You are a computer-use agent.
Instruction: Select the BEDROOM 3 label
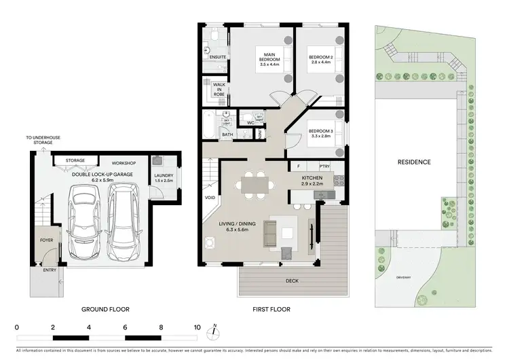click(x=320, y=133)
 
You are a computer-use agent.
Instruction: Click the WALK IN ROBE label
click(x=219, y=89)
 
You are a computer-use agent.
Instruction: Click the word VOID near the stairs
click(x=210, y=199)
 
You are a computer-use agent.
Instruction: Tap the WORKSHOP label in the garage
click(x=125, y=163)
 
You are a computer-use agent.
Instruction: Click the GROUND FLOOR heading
click(x=107, y=309)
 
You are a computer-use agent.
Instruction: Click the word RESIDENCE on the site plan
click(x=414, y=162)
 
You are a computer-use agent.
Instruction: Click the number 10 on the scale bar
click(x=197, y=327)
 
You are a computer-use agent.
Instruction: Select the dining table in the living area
click(x=254, y=182)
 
